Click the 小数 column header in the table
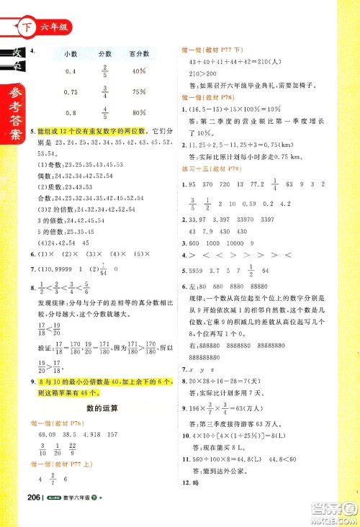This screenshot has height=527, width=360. point(71,54)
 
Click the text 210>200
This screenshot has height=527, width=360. point(203,73)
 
